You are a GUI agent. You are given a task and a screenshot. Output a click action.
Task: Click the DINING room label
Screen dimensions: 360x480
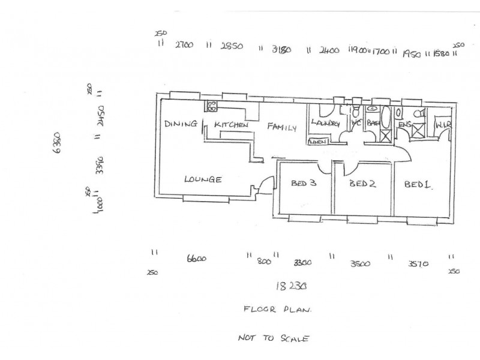[x=181, y=124]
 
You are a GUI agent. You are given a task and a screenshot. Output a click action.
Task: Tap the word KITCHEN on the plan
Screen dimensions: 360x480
[x=232, y=125]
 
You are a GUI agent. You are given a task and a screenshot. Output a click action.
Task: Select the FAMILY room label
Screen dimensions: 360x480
[x=282, y=127]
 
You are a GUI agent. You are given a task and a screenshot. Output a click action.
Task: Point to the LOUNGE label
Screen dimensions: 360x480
[x=203, y=179]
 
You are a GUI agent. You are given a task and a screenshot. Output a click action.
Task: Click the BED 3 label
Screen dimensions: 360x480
[x=303, y=184]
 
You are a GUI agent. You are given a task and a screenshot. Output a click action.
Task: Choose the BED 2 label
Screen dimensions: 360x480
[x=364, y=184]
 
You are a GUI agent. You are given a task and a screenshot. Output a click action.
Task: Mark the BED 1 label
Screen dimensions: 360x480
[x=418, y=185]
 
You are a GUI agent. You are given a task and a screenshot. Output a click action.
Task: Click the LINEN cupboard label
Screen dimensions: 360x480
[x=318, y=142]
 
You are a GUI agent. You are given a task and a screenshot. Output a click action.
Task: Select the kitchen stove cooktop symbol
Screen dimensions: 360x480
[x=211, y=107]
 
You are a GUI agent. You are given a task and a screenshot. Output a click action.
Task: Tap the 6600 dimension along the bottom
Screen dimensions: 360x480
[x=197, y=259]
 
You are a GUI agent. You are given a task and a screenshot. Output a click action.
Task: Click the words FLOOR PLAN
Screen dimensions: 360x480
[x=277, y=310]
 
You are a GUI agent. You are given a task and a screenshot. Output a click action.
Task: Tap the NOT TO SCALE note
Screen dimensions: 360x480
[x=273, y=338]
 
